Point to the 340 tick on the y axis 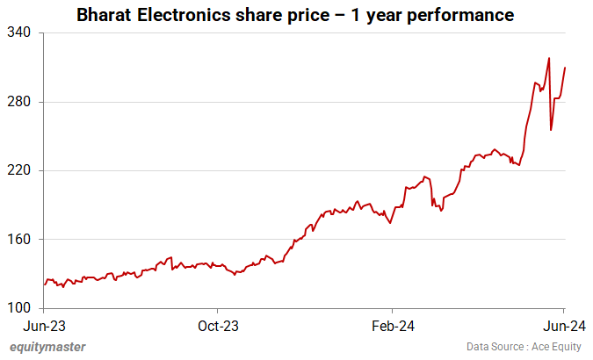(20, 32)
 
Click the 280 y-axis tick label (20, 102)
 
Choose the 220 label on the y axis (20, 170)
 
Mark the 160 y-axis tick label (20, 240)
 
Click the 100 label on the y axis (20, 308)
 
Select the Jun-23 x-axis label (44, 326)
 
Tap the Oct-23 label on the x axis (217, 326)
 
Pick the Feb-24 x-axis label (391, 326)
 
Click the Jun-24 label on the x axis (563, 326)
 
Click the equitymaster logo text (47, 347)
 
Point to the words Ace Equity (553, 347)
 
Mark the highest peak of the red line (549, 59)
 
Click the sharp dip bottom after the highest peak (551, 130)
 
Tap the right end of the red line (564, 68)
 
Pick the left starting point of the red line (44, 284)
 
